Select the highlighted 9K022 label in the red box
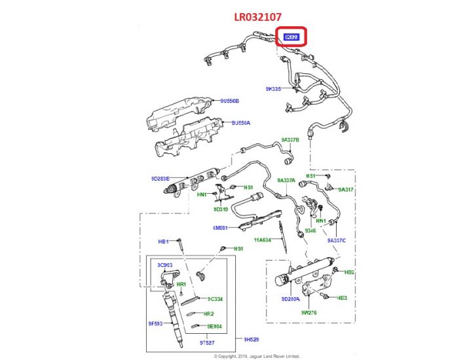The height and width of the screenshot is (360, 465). pos(291,38)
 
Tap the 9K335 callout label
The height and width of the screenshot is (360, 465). pos(272,88)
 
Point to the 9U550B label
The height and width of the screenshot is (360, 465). pos(230,101)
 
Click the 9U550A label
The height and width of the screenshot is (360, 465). pos(240,122)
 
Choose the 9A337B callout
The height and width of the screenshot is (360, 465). pos(290,139)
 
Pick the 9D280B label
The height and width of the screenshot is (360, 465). pos(160,179)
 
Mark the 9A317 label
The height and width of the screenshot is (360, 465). pos(345,189)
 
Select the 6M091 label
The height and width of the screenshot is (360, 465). pos(220,228)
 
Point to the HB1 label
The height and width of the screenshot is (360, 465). pos(163,241)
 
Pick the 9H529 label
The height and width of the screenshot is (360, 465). pos(251,339)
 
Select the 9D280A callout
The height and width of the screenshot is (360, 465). pos(290,298)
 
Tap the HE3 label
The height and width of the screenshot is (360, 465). pos(341,298)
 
